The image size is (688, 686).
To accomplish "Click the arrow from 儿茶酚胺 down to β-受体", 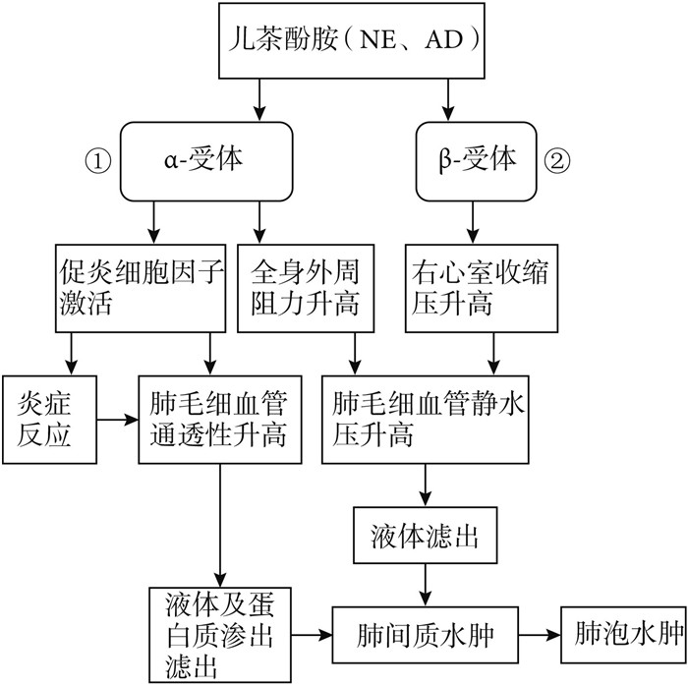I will (450, 98).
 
